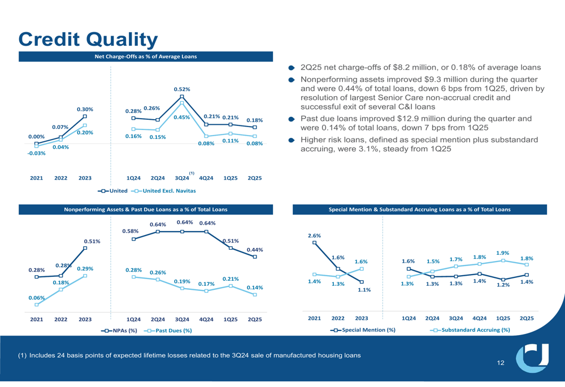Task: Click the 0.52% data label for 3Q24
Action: point(182,89)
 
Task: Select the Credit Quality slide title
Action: point(88,40)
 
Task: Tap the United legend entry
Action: point(112,191)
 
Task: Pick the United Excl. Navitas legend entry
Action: point(163,191)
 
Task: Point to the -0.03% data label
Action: point(36,153)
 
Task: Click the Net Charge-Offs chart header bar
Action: point(146,56)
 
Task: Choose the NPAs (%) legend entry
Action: point(119,331)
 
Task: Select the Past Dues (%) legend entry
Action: point(168,331)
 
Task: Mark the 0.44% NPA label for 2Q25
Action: point(255,249)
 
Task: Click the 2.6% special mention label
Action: point(314,235)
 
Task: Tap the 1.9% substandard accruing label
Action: point(503,253)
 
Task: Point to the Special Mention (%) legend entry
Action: point(363,330)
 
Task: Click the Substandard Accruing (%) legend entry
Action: point(470,330)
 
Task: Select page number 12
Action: point(501,363)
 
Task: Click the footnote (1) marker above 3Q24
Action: point(192,173)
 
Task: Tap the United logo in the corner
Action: point(532,358)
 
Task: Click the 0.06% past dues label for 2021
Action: point(36,298)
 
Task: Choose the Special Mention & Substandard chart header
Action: point(419,210)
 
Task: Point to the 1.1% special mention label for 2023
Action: point(364,290)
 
